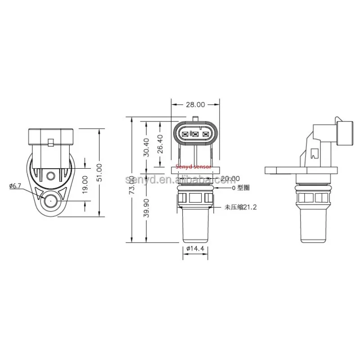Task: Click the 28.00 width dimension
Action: coord(195,104)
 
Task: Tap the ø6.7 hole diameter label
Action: coord(15,185)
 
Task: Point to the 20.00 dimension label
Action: coord(230,179)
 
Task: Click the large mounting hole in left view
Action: coord(50,202)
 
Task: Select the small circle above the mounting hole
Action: coord(50,175)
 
